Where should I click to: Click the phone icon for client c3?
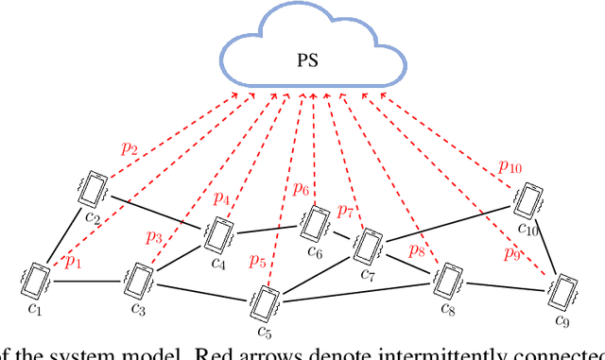139,281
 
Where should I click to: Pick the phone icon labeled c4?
219,233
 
